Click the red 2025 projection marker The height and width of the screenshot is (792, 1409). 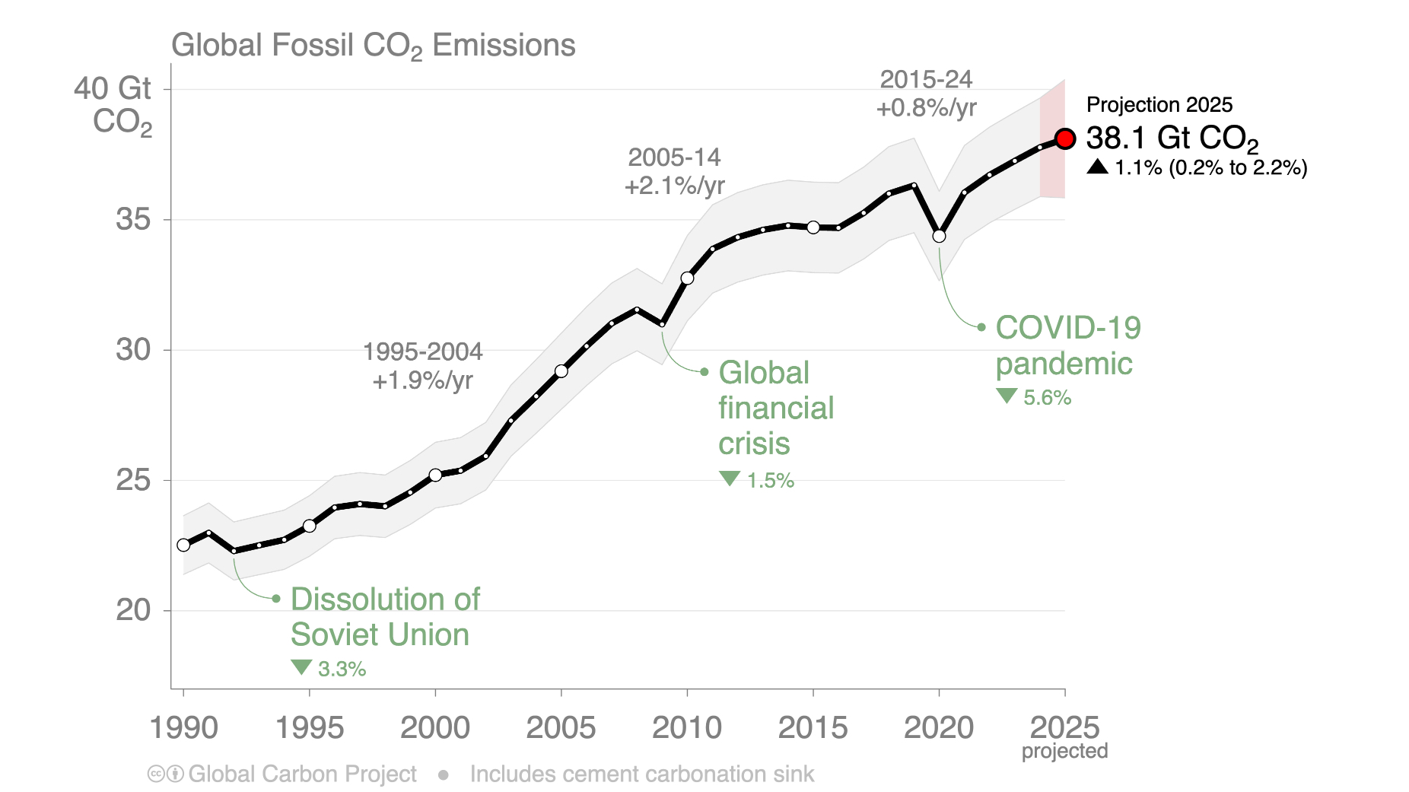[1064, 138]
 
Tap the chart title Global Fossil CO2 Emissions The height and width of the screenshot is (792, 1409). [373, 46]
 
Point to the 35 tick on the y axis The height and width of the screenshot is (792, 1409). [133, 220]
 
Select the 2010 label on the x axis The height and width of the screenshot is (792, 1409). [686, 728]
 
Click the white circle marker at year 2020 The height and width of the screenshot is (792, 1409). [939, 237]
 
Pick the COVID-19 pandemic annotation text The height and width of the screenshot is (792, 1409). [1067, 345]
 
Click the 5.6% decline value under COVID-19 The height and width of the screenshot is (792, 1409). [1047, 398]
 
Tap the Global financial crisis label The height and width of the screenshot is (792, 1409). [775, 408]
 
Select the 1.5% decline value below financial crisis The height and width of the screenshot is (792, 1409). [770, 481]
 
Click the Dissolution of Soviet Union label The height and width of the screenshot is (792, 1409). [384, 617]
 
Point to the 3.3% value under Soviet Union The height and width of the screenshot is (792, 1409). [342, 670]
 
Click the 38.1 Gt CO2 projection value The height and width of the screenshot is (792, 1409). [1172, 138]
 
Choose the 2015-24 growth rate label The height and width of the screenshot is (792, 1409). [926, 94]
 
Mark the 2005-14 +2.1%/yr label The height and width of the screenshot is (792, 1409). [674, 171]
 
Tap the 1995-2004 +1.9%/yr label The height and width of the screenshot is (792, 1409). [422, 366]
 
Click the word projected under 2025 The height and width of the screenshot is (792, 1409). [1064, 752]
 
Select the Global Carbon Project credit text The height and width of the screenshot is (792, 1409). [302, 775]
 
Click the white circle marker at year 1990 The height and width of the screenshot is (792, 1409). [183, 545]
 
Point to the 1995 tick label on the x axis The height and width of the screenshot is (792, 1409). [309, 728]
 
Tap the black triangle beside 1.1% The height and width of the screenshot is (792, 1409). [1097, 167]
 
